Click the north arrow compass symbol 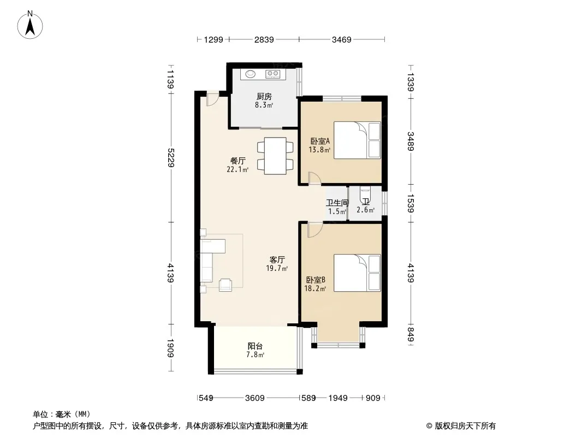(30, 25)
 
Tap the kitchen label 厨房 (264, 97)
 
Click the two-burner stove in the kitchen (273, 74)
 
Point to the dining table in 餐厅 (275, 156)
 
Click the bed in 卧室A (357, 140)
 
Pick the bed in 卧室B (357, 273)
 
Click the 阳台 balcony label (256, 346)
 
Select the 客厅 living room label (277, 259)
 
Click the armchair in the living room (225, 285)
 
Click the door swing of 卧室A (314, 178)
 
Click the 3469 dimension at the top (341, 39)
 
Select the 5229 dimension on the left (171, 157)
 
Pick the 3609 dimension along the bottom (255, 398)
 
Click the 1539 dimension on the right (411, 203)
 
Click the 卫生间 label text (337, 203)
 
